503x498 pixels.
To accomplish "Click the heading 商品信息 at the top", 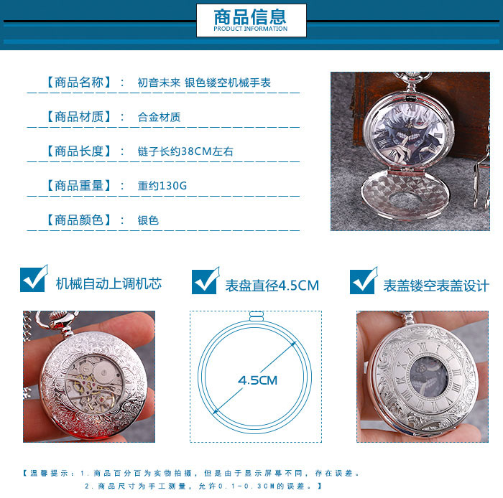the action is click(x=250, y=17).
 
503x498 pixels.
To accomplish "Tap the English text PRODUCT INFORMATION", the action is click(x=251, y=29).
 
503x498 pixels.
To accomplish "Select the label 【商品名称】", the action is click(x=78, y=83).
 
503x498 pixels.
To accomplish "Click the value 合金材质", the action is click(x=159, y=117).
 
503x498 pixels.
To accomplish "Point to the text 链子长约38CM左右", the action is click(x=185, y=151).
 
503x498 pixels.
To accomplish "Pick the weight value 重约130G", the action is click(x=162, y=186).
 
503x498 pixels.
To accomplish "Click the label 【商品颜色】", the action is click(x=78, y=220).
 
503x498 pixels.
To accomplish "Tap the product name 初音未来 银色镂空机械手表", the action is click(x=204, y=83).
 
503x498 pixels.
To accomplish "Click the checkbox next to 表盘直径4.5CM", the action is click(x=206, y=281).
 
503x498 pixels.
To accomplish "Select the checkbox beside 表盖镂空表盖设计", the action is click(x=364, y=281).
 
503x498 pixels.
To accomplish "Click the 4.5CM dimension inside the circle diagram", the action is click(x=257, y=380).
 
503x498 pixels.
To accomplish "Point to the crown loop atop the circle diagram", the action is click(x=257, y=316).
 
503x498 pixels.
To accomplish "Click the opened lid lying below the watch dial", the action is click(x=405, y=194).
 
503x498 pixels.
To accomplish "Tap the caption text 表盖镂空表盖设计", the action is click(x=436, y=286).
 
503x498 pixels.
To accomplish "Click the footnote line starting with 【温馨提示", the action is click(x=191, y=474).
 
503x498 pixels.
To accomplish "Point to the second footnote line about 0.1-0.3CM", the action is click(x=203, y=486).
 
